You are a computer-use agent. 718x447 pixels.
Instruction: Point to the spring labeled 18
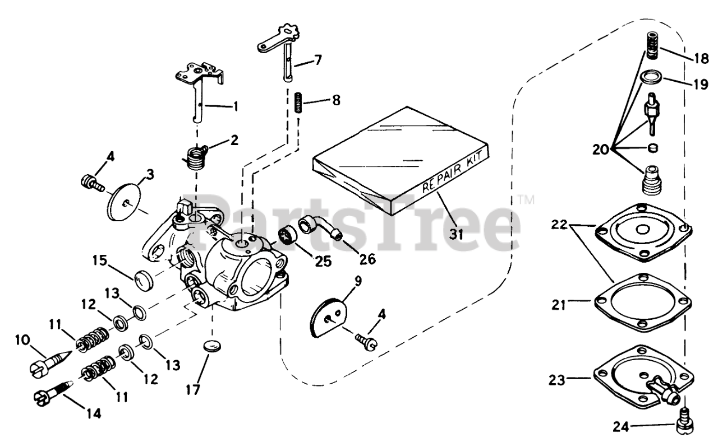click(651, 46)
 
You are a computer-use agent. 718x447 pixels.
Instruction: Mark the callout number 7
click(318, 59)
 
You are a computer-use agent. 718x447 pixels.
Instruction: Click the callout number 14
click(94, 414)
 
